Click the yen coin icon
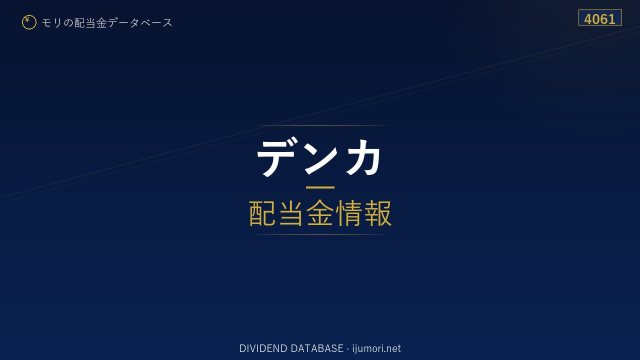click(x=29, y=22)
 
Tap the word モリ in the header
click(x=51, y=23)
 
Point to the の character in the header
click(x=68, y=23)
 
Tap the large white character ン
click(x=320, y=157)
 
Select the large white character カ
click(x=363, y=157)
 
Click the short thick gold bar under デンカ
click(x=320, y=187)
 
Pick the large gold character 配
click(x=262, y=213)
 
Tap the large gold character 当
click(x=291, y=213)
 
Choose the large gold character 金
click(x=320, y=213)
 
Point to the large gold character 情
click(x=349, y=213)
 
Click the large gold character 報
click(x=377, y=213)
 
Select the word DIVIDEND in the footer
click(x=263, y=348)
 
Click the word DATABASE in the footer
click(x=317, y=348)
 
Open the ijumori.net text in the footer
click(x=376, y=348)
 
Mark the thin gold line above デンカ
click(x=320, y=125)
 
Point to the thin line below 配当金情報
click(x=320, y=235)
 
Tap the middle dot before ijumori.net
click(x=347, y=349)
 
